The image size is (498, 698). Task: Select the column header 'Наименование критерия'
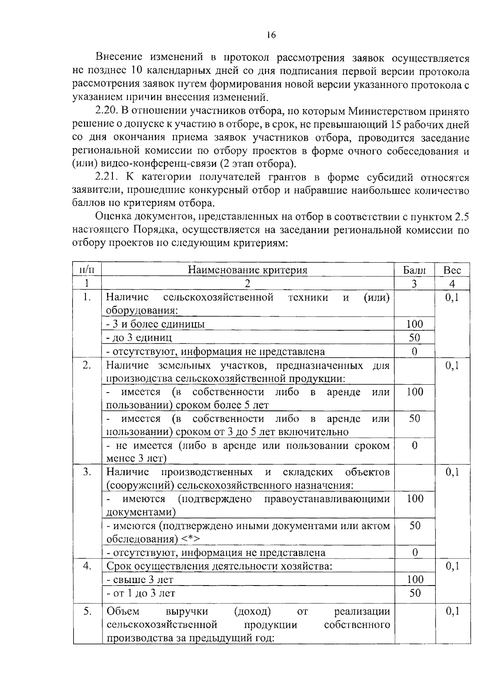(x=248, y=270)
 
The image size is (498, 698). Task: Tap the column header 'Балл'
(x=414, y=270)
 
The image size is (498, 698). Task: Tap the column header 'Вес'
(x=452, y=270)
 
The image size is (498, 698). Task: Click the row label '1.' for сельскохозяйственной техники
(x=87, y=297)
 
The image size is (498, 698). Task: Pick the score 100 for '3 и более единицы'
(x=414, y=324)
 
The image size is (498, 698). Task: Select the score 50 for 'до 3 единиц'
(x=414, y=337)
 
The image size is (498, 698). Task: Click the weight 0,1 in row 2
(x=452, y=365)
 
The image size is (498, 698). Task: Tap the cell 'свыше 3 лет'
(x=140, y=579)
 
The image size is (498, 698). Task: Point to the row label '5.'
(x=87, y=611)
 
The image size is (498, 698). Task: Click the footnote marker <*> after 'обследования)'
(x=191, y=539)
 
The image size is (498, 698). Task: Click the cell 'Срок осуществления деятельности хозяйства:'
(x=219, y=566)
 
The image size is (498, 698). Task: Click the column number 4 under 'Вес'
(x=452, y=284)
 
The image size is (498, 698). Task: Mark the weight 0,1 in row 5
(x=452, y=611)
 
